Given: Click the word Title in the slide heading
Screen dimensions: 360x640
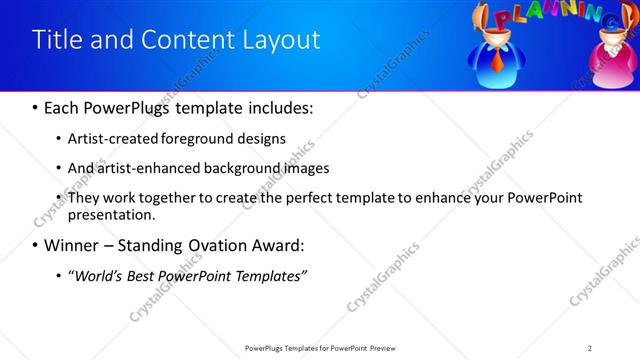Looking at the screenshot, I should (56, 40).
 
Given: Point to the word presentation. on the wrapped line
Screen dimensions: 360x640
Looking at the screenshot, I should (111, 214).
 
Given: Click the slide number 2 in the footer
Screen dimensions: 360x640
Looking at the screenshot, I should (590, 347).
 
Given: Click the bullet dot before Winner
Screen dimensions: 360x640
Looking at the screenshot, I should (35, 246).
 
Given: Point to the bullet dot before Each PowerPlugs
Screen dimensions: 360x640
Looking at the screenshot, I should (35, 108).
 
